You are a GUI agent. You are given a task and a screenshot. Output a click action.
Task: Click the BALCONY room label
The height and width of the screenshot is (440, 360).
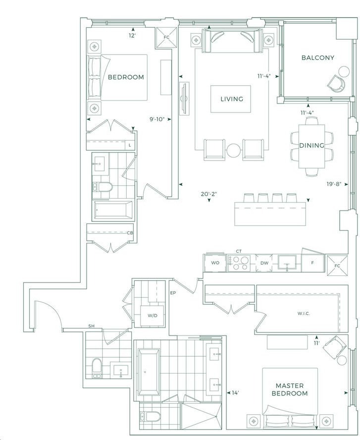click(x=318, y=58)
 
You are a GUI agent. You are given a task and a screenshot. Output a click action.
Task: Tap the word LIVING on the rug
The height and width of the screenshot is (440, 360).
click(x=232, y=99)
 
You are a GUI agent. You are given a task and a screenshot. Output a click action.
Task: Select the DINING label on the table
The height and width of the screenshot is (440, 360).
click(x=312, y=145)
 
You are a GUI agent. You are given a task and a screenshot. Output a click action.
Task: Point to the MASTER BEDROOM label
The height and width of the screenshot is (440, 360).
click(x=290, y=390)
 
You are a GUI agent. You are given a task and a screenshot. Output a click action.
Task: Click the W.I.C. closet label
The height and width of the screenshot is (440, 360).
click(x=304, y=314)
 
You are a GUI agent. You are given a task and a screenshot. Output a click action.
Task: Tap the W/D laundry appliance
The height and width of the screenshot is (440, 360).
click(x=153, y=316)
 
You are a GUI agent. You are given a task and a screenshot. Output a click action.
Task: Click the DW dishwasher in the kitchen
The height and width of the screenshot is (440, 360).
click(x=264, y=263)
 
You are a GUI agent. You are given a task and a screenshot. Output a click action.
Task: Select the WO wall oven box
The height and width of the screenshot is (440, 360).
click(x=215, y=263)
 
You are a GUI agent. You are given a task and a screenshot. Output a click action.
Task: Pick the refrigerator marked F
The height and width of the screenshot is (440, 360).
click(x=312, y=263)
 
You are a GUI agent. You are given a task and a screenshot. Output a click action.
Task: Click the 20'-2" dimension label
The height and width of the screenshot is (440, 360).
click(x=209, y=194)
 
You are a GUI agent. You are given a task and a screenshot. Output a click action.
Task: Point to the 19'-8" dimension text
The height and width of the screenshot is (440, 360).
click(x=334, y=184)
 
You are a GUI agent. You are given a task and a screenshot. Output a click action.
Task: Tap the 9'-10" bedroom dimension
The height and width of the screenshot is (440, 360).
click(x=156, y=119)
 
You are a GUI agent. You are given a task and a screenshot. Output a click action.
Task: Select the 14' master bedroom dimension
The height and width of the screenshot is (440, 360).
click(x=235, y=393)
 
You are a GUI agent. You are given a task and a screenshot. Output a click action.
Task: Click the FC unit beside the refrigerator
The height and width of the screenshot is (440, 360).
click(x=337, y=266)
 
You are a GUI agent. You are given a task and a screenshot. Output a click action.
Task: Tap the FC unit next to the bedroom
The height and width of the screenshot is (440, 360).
click(x=166, y=37)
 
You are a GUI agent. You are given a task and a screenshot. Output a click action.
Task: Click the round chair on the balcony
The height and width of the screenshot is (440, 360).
click(x=336, y=83)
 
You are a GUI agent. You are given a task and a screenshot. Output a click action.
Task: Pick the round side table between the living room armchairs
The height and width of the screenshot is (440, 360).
click(x=234, y=151)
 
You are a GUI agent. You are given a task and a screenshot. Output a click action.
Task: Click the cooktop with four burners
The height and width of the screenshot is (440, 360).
click(x=239, y=263)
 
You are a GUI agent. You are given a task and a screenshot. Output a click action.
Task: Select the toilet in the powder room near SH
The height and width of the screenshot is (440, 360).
click(x=97, y=368)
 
